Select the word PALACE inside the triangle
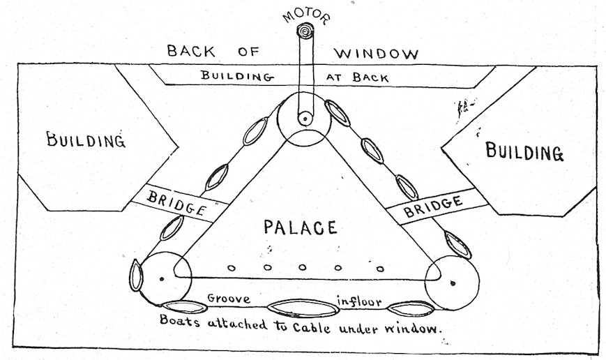[300, 227]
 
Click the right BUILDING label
[523, 151]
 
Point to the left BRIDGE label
[176, 202]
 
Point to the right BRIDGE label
[433, 204]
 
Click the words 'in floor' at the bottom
[361, 301]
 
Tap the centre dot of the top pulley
[305, 120]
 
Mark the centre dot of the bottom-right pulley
[452, 283]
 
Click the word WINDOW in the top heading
[377, 53]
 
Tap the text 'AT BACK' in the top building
[353, 76]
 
